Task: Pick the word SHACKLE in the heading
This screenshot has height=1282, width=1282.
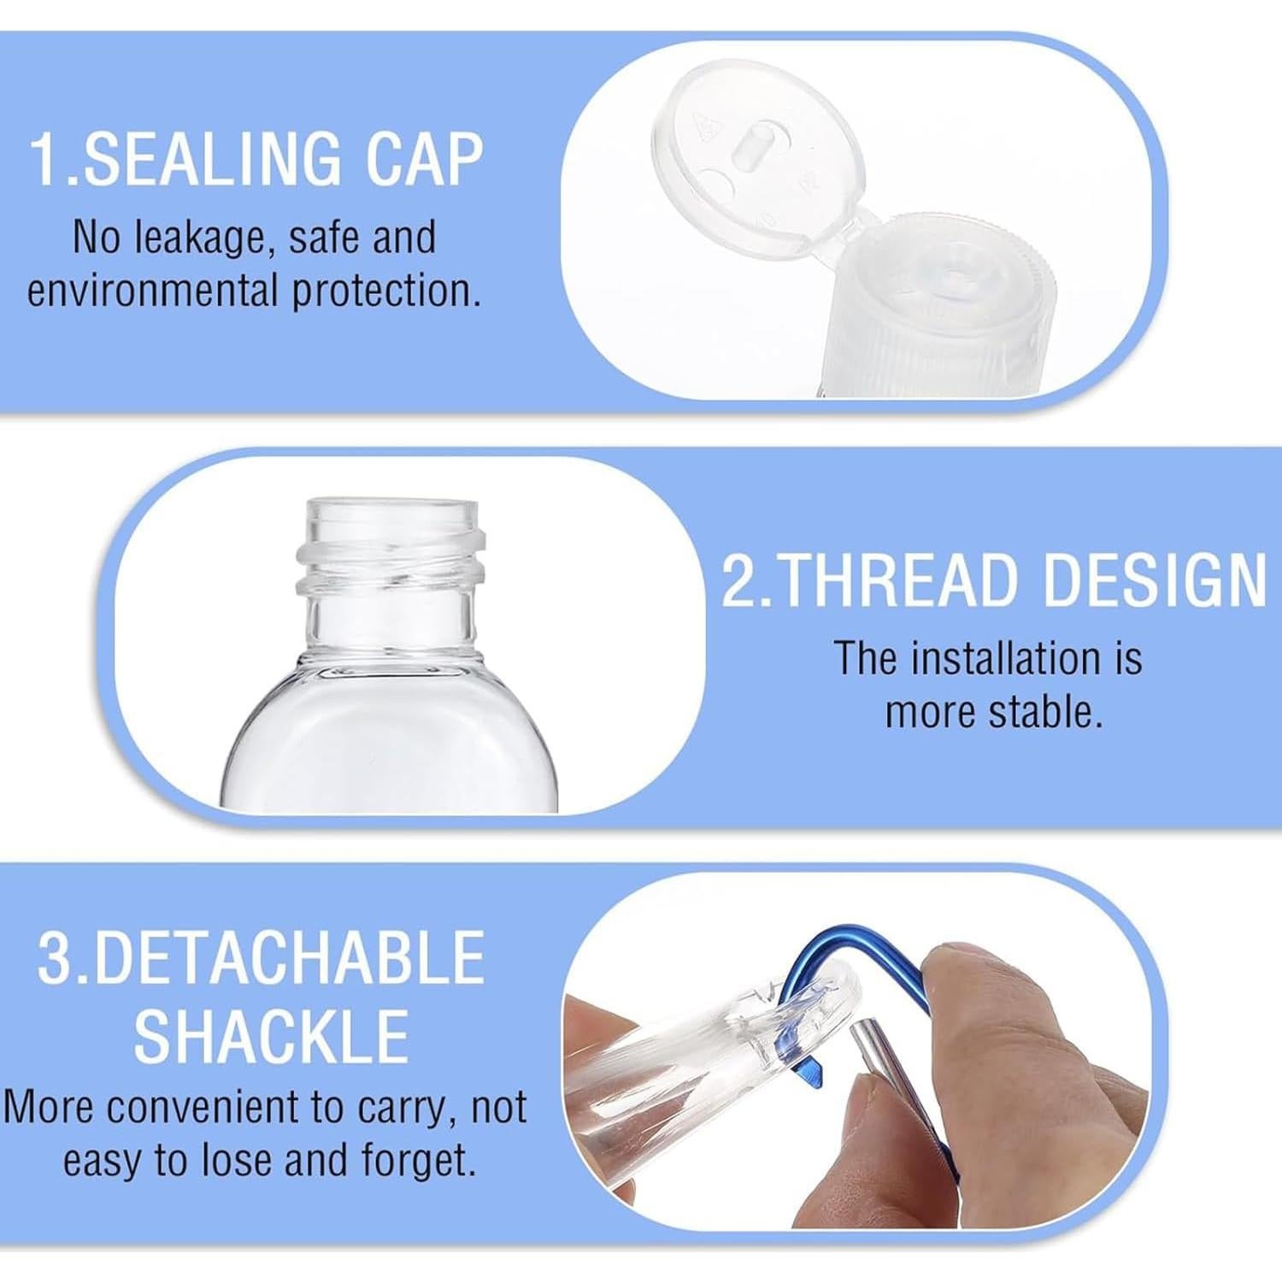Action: click(x=271, y=1036)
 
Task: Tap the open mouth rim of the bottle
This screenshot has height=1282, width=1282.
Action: click(x=389, y=511)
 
